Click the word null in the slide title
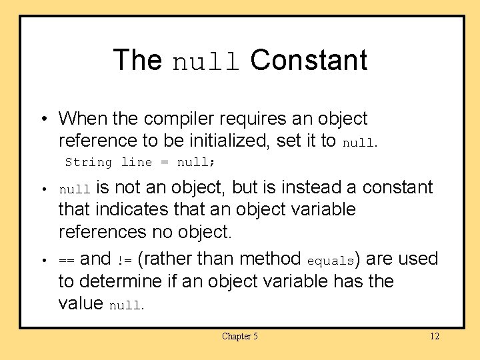pos(205,61)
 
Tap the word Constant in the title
pos(309,60)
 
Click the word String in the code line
pos(89,162)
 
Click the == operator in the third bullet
pos(67,259)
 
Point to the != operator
pos(125,259)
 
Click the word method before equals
pos(271,258)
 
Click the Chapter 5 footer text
pos(240,336)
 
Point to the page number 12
pos(434,336)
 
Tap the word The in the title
pos(137,60)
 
